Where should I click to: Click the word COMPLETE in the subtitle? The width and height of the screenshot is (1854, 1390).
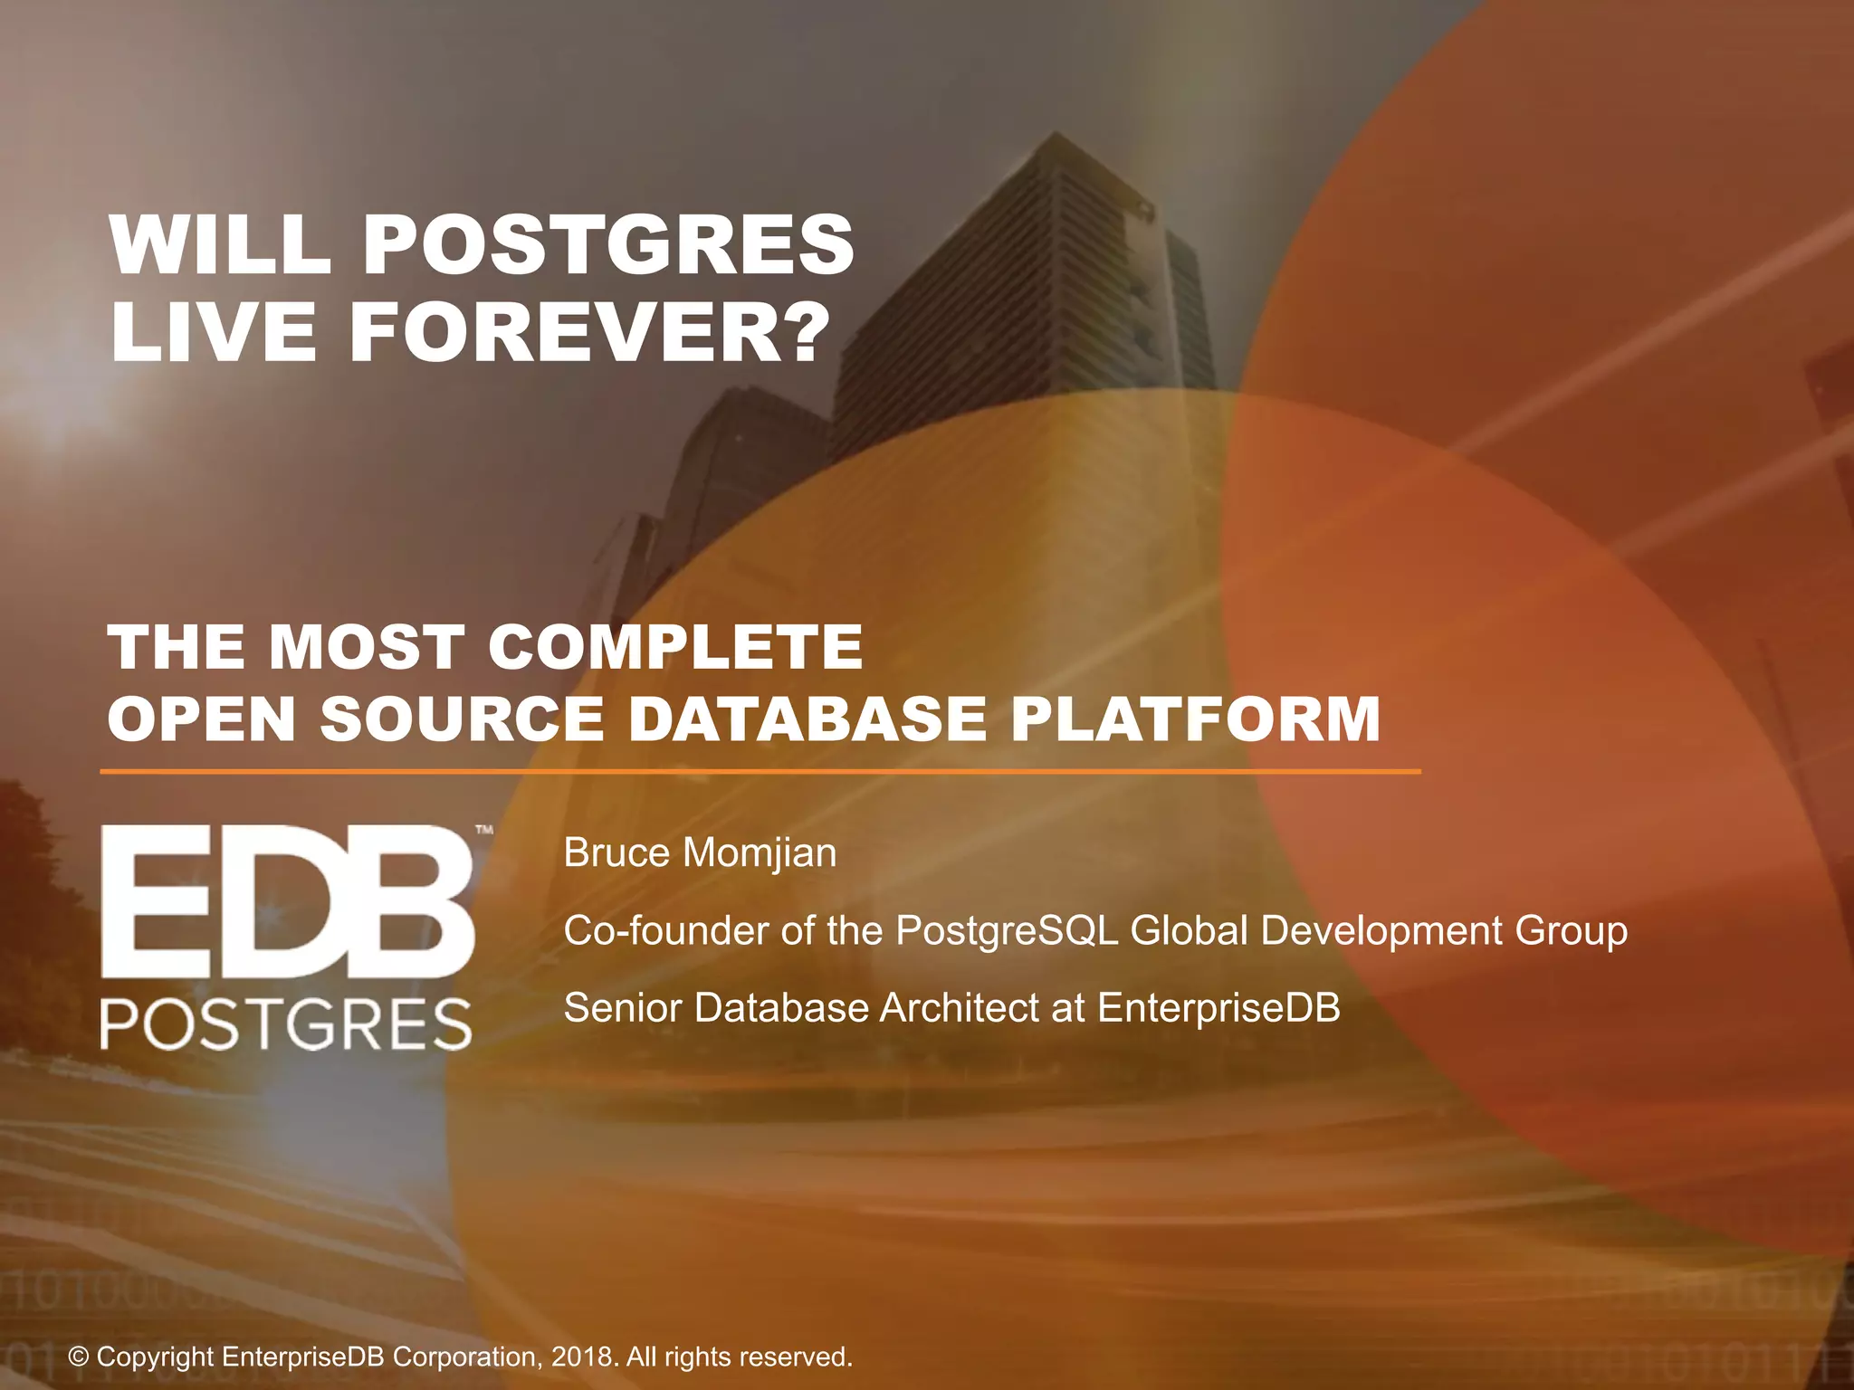(x=675, y=647)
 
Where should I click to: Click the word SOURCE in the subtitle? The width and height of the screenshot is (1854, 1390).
(x=462, y=719)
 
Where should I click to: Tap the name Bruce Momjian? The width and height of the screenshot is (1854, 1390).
(x=700, y=852)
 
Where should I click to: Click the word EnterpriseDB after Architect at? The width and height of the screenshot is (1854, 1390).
(x=1218, y=1008)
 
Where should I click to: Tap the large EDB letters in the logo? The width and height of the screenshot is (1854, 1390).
(x=288, y=901)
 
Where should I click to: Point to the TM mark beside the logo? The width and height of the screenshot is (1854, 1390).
(x=484, y=829)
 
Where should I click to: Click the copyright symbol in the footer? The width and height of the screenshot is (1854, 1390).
(x=80, y=1357)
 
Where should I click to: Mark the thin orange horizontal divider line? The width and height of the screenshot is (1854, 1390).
(x=760, y=772)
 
